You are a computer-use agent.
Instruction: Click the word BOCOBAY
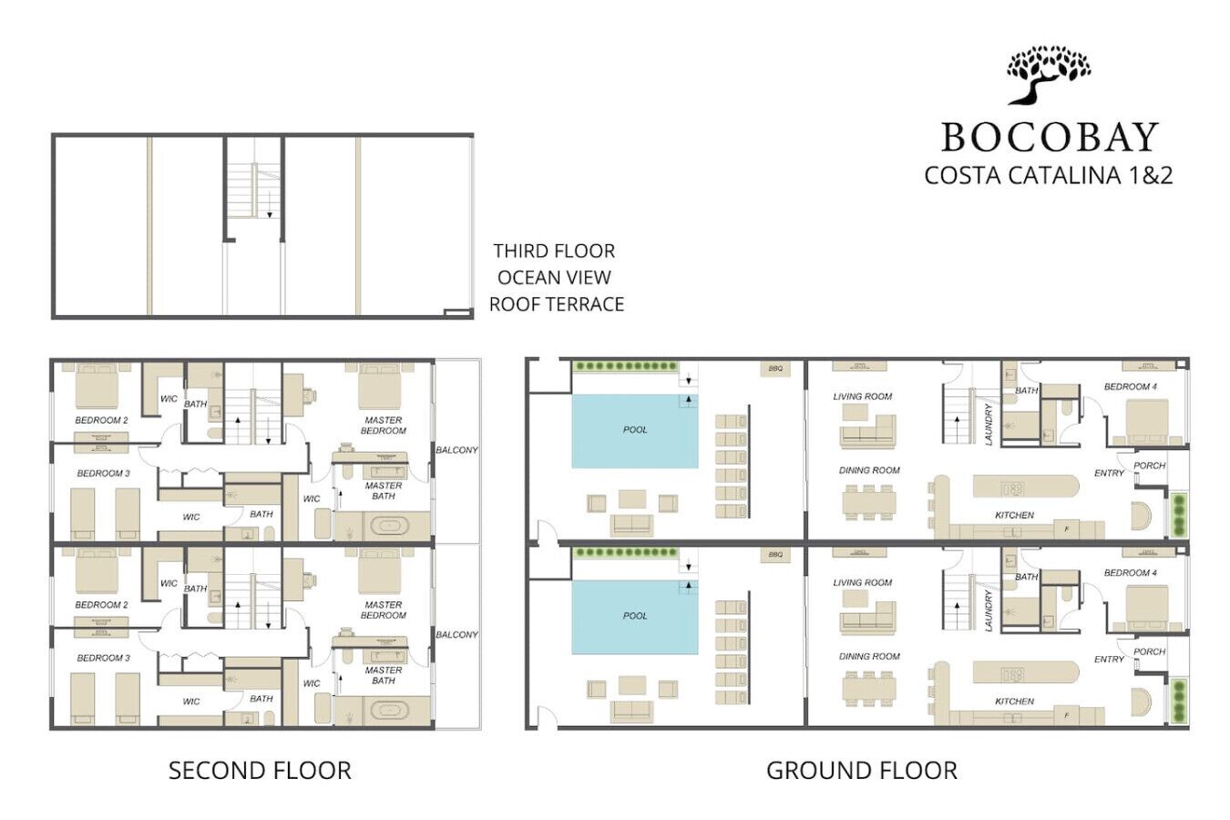click(1049, 138)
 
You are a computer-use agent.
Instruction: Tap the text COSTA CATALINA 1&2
click(1049, 175)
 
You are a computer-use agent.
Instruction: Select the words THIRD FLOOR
click(554, 251)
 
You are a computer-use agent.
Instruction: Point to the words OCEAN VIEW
click(554, 277)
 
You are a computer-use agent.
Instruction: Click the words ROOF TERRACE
click(556, 304)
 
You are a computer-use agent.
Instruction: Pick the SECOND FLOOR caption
click(260, 771)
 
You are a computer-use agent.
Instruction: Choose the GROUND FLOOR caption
click(861, 771)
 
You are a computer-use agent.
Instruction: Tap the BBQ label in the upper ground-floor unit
click(775, 369)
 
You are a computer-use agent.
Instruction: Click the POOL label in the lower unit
click(635, 616)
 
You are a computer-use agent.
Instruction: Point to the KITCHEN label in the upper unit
click(1014, 516)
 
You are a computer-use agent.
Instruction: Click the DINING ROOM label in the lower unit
click(869, 656)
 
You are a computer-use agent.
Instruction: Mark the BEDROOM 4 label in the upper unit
click(1130, 387)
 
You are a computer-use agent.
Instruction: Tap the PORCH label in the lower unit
click(1149, 651)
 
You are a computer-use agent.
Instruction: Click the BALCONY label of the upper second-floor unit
click(456, 450)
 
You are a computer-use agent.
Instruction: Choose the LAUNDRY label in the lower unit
click(989, 610)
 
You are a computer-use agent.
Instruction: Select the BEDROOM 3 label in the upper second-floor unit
click(103, 474)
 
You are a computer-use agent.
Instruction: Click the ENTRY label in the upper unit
click(1109, 474)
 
